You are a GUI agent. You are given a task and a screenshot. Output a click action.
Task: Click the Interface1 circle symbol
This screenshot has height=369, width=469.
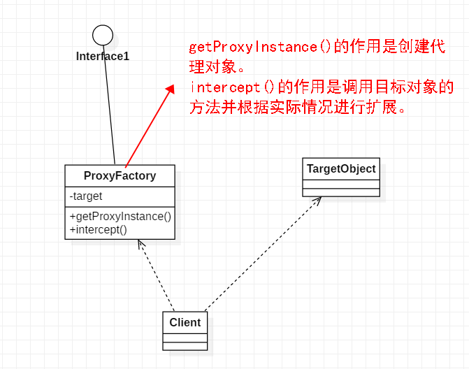pyautogui.click(x=103, y=34)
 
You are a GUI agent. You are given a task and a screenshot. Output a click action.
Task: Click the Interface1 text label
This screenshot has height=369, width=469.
pyautogui.click(x=103, y=56)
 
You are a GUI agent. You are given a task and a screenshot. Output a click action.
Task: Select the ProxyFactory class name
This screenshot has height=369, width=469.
pyautogui.click(x=120, y=175)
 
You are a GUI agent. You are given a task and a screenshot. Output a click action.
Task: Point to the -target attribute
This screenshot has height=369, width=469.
pyautogui.click(x=86, y=196)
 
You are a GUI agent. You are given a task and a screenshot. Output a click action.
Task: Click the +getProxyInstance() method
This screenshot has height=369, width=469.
pyautogui.click(x=120, y=216)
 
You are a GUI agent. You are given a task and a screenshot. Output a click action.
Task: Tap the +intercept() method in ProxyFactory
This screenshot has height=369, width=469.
pyautogui.click(x=99, y=229)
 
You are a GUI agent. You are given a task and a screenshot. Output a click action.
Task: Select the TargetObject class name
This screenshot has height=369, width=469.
pyautogui.click(x=341, y=168)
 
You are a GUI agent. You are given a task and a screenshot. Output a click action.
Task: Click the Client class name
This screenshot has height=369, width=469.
pyautogui.click(x=185, y=322)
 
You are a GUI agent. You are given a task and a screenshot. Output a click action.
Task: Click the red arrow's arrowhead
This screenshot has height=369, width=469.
pyautogui.click(x=169, y=89)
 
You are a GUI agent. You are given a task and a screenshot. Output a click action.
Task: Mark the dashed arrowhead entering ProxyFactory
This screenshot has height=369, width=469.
pyautogui.click(x=140, y=245)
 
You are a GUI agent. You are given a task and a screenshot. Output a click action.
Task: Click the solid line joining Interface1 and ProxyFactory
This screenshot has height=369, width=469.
pyautogui.click(x=110, y=105)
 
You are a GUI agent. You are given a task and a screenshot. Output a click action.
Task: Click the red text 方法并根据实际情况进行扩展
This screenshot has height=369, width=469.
pyautogui.click(x=298, y=108)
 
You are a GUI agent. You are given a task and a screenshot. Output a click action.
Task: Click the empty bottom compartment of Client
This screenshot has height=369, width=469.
pyautogui.click(x=185, y=345)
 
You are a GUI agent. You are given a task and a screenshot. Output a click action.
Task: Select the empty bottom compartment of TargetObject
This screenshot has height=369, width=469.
pyautogui.click(x=341, y=192)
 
